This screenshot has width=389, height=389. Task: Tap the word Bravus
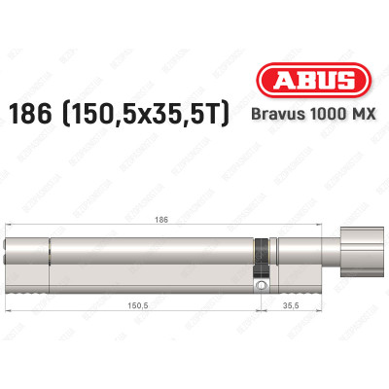click(287, 116)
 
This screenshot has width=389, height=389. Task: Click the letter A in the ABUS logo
click(282, 85)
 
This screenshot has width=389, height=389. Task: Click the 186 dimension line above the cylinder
click(97, 229)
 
